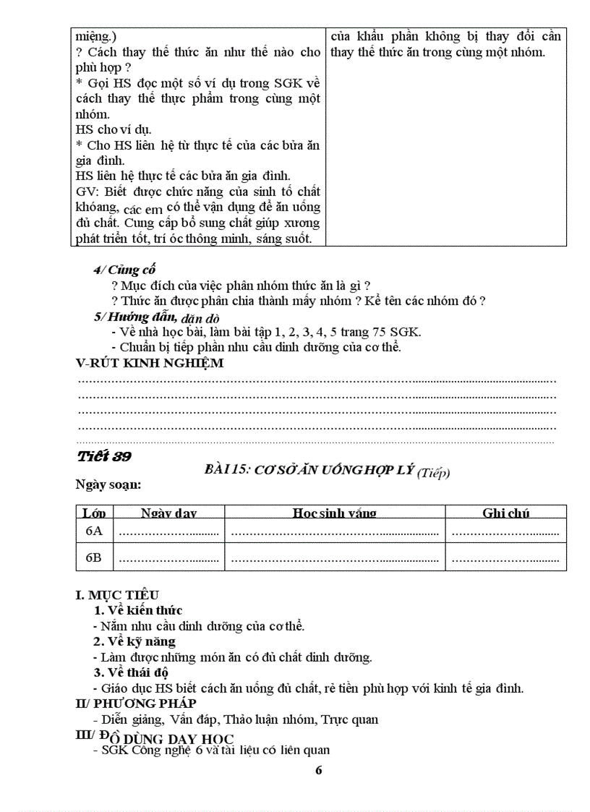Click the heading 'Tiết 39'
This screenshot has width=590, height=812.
point(103,456)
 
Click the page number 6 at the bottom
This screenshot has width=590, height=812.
point(319,769)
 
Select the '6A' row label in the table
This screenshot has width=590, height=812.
point(94,531)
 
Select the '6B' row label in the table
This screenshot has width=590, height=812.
point(94,557)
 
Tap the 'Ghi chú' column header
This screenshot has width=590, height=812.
point(505,513)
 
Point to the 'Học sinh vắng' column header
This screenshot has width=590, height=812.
point(334,513)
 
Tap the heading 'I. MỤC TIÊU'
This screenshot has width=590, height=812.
point(117,595)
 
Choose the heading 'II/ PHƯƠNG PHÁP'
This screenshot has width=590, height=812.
point(136,703)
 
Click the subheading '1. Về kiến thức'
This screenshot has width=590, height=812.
point(138,610)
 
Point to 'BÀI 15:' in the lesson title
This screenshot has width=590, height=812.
point(227,470)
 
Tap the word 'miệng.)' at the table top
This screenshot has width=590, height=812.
point(95,36)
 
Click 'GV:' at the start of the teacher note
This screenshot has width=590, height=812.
point(85,192)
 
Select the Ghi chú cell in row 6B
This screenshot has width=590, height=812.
point(505,557)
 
